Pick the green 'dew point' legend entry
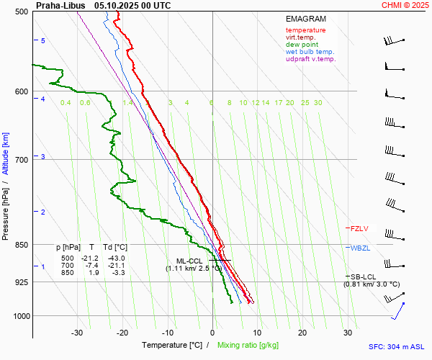click(x=302, y=45)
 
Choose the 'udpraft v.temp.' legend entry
click(x=310, y=59)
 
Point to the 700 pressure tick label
click(x=22, y=160)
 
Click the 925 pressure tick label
click(x=22, y=282)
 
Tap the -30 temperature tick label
click(x=77, y=333)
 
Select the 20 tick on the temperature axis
click(x=302, y=333)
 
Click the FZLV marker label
click(x=359, y=228)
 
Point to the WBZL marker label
click(x=359, y=248)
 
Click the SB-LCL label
click(x=364, y=276)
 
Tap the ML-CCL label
click(x=189, y=261)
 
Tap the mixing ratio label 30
click(x=318, y=103)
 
